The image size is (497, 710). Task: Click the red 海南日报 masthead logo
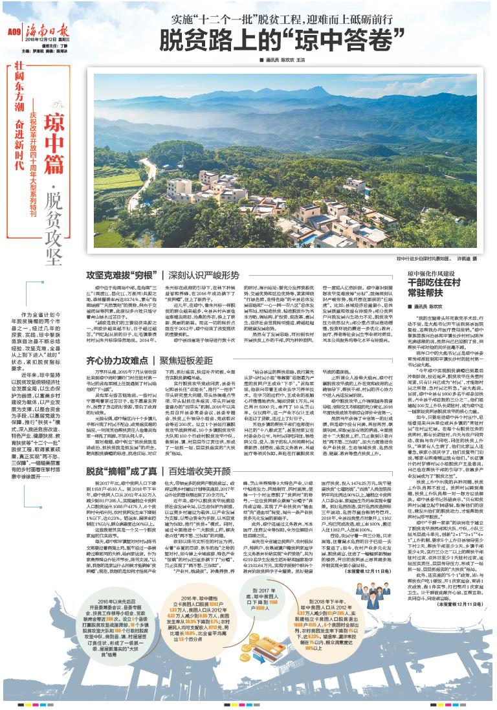pos(47,29)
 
